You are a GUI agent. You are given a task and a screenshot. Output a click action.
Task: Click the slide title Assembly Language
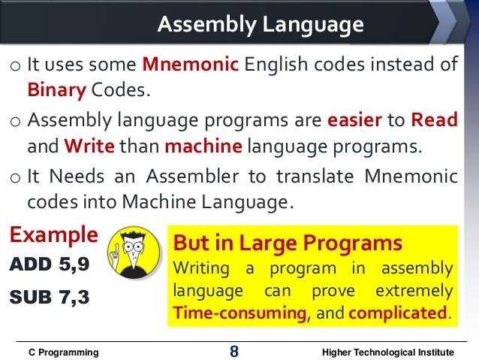tap(260, 26)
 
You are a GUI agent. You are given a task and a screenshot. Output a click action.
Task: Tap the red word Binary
tap(57, 90)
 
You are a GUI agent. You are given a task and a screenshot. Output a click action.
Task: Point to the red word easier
tap(354, 119)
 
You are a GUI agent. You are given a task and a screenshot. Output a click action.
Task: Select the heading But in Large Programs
tap(288, 244)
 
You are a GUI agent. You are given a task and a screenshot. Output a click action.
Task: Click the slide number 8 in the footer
tap(234, 351)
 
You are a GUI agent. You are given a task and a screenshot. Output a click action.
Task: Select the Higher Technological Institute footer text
tap(387, 352)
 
